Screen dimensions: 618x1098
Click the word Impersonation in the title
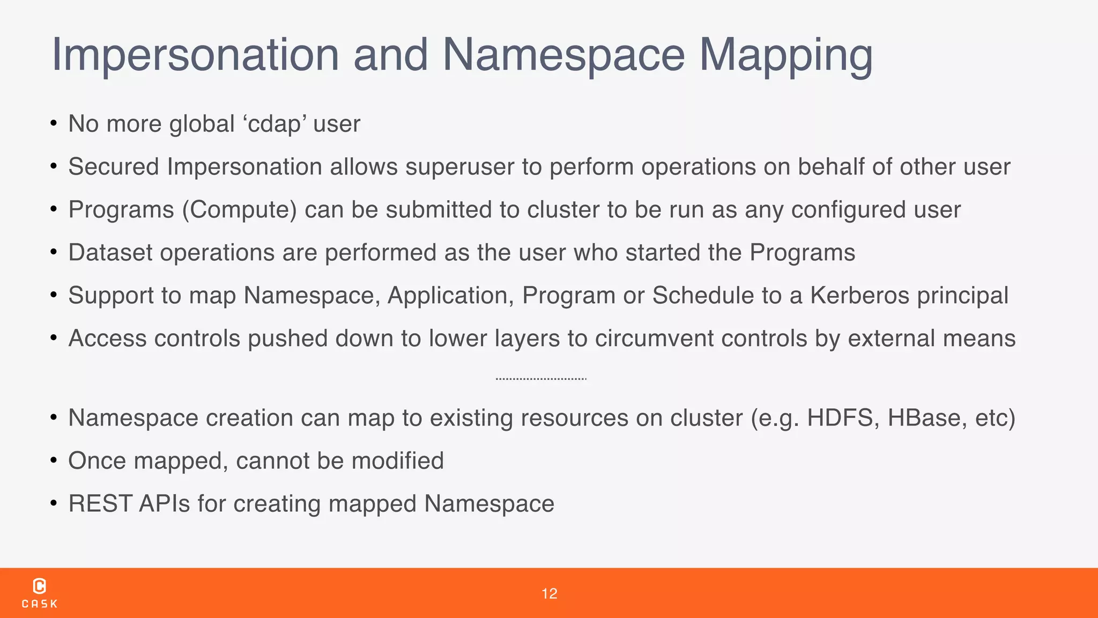(x=195, y=55)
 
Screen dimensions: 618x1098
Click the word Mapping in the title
(x=786, y=55)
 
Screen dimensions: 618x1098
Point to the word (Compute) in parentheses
(x=240, y=210)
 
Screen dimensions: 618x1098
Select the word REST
(x=100, y=504)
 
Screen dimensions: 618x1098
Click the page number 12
(x=549, y=594)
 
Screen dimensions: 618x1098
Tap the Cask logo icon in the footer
(x=40, y=586)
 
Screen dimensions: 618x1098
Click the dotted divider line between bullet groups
(x=541, y=379)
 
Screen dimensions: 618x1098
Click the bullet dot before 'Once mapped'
(x=54, y=461)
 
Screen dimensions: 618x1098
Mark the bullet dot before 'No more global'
(x=54, y=124)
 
